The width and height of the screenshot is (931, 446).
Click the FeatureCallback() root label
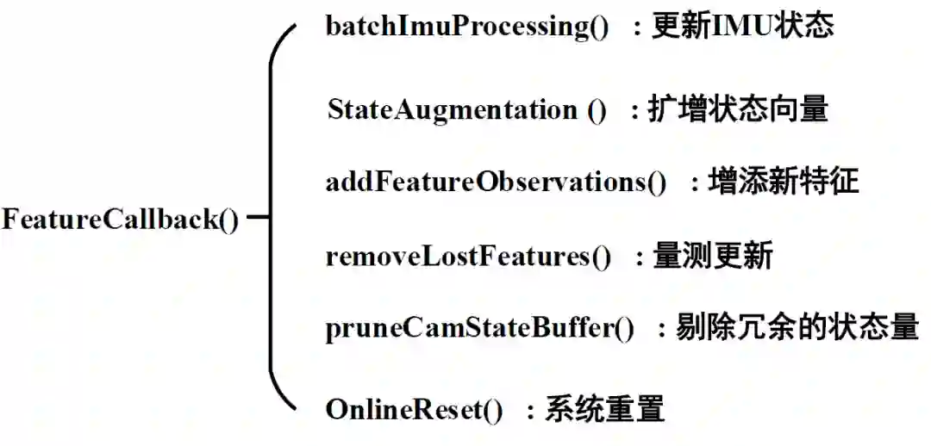[120, 220]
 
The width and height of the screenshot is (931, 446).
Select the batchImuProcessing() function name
[466, 26]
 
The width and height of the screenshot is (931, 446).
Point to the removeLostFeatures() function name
[468, 257]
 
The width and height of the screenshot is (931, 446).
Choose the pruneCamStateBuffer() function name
[479, 329]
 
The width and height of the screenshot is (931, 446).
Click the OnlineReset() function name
[414, 410]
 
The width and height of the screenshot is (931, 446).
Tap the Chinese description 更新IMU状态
[742, 25]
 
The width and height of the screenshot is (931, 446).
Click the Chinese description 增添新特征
[784, 182]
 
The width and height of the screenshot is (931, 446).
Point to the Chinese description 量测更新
[712, 257]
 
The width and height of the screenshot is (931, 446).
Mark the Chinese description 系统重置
[604, 409]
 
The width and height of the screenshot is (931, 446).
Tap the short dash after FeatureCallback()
[257, 220]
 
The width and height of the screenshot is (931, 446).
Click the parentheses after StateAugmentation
[597, 110]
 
